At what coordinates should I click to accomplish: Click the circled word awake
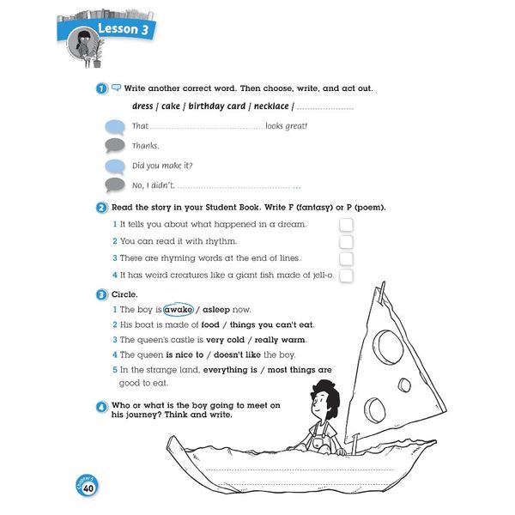[179, 309]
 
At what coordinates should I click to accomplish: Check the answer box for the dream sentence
[346, 224]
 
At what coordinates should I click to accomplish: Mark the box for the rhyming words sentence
[346, 258]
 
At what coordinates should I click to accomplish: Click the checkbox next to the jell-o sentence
[346, 276]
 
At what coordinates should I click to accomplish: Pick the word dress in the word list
[142, 106]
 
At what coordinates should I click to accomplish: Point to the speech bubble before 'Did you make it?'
[115, 166]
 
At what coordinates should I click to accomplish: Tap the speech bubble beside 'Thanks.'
[115, 145]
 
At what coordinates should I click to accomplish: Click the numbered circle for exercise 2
[101, 208]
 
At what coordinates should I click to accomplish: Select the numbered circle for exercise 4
[101, 405]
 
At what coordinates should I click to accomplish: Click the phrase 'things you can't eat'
[267, 324]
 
